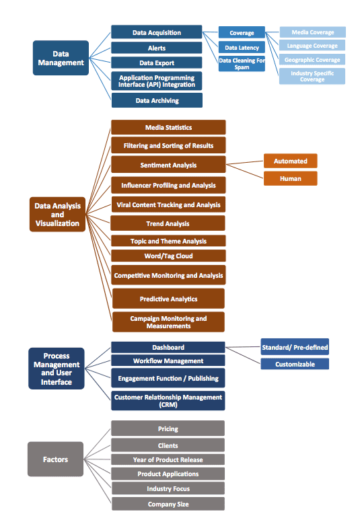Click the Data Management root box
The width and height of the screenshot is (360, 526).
click(x=61, y=58)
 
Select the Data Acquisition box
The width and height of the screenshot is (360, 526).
click(x=157, y=32)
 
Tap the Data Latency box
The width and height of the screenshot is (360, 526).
click(x=242, y=47)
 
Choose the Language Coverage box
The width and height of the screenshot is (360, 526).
click(x=312, y=45)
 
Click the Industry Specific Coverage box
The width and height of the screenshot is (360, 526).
click(x=312, y=76)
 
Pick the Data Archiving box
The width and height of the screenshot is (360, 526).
click(x=157, y=100)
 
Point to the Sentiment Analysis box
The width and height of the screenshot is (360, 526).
click(x=168, y=165)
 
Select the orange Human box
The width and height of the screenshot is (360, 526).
click(x=291, y=178)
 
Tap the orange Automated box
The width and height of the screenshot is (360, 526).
click(x=291, y=161)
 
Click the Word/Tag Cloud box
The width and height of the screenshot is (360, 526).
click(x=168, y=256)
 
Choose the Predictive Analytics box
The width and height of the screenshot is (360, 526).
click(x=168, y=299)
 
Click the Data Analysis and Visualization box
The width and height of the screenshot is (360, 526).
click(x=57, y=215)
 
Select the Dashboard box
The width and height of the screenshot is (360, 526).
click(x=168, y=347)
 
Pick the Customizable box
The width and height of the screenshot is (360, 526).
click(x=295, y=364)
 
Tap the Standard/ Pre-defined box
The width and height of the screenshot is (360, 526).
click(x=295, y=347)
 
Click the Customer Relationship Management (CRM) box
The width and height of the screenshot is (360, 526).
click(x=168, y=400)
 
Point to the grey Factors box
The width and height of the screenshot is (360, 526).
click(x=55, y=459)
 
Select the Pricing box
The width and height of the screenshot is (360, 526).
click(x=168, y=428)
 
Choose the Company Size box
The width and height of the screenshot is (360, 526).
click(x=168, y=504)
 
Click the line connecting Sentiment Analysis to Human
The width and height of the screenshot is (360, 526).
click(x=245, y=171)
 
